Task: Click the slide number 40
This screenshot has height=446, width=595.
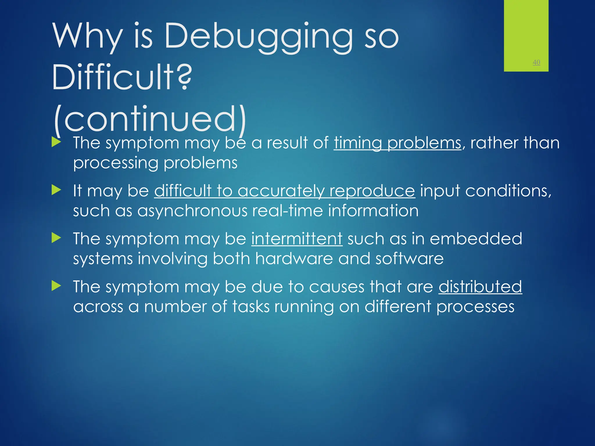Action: [x=536, y=62]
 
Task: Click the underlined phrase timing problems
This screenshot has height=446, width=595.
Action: [x=397, y=143]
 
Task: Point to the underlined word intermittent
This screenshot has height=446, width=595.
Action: [x=297, y=239]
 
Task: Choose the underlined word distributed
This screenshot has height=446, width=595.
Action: [x=480, y=287]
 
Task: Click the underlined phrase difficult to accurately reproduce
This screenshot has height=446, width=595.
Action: [x=284, y=191]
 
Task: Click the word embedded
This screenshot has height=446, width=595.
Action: [x=476, y=239]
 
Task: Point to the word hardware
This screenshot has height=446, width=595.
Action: [x=294, y=259]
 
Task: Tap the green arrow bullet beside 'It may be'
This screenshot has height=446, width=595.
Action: [x=56, y=190]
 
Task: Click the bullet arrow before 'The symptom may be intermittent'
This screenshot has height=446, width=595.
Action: [x=56, y=238]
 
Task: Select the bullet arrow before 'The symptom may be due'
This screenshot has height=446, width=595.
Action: [x=56, y=286]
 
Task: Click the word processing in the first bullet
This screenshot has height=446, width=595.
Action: [x=116, y=163]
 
